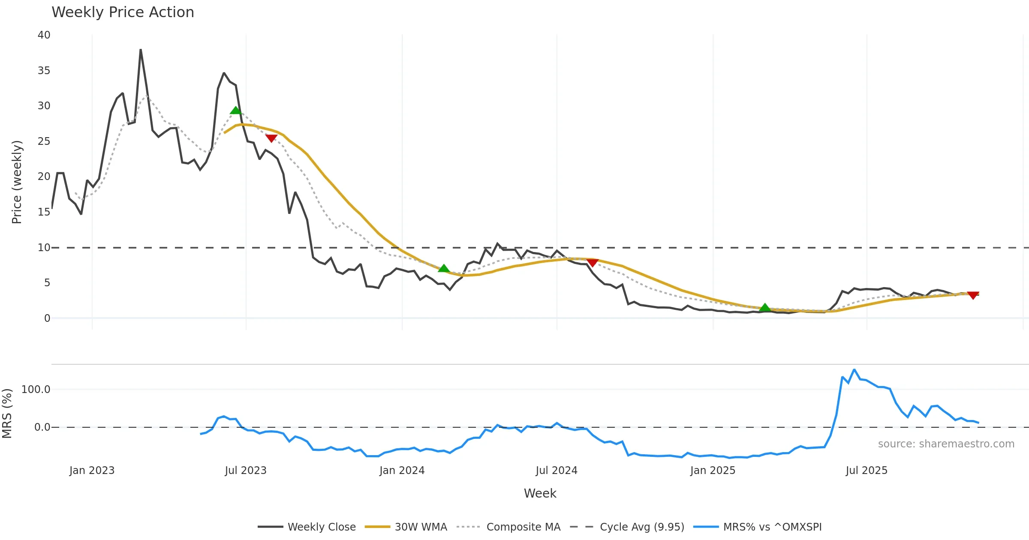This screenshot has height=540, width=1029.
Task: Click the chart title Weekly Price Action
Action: pyautogui.click(x=123, y=12)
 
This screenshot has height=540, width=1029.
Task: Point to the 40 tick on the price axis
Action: pyautogui.click(x=44, y=35)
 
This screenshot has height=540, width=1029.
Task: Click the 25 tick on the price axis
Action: pyautogui.click(x=44, y=141)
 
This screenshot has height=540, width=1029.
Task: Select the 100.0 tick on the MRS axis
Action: pyautogui.click(x=36, y=390)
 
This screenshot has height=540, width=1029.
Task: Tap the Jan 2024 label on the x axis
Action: pyautogui.click(x=402, y=471)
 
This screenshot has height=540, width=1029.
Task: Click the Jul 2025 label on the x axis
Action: pyautogui.click(x=867, y=471)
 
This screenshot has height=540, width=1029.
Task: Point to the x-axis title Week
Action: pyautogui.click(x=540, y=493)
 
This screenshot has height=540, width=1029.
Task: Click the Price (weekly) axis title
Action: pyautogui.click(x=17, y=182)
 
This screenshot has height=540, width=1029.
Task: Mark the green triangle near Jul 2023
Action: pyautogui.click(x=235, y=111)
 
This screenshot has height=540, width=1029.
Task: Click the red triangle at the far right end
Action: pyautogui.click(x=973, y=295)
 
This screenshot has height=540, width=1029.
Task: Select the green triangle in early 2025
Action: pyautogui.click(x=765, y=307)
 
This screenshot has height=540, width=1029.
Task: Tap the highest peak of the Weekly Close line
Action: pyautogui.click(x=141, y=50)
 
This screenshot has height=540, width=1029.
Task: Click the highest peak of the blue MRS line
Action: pyautogui.click(x=854, y=369)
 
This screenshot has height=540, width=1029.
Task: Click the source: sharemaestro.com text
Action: pyautogui.click(x=946, y=444)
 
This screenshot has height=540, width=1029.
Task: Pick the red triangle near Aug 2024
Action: pyautogui.click(x=592, y=262)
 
